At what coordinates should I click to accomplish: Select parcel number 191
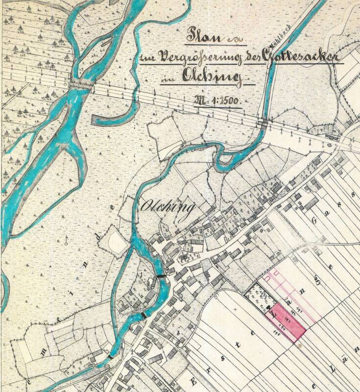[297, 311]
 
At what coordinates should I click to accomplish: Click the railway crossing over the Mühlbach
[264, 122]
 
